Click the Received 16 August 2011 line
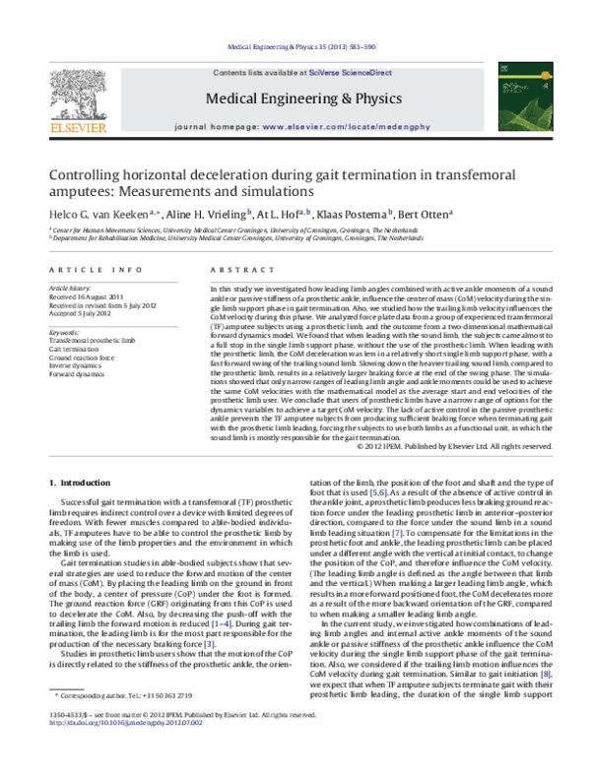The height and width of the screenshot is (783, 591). point(89,296)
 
